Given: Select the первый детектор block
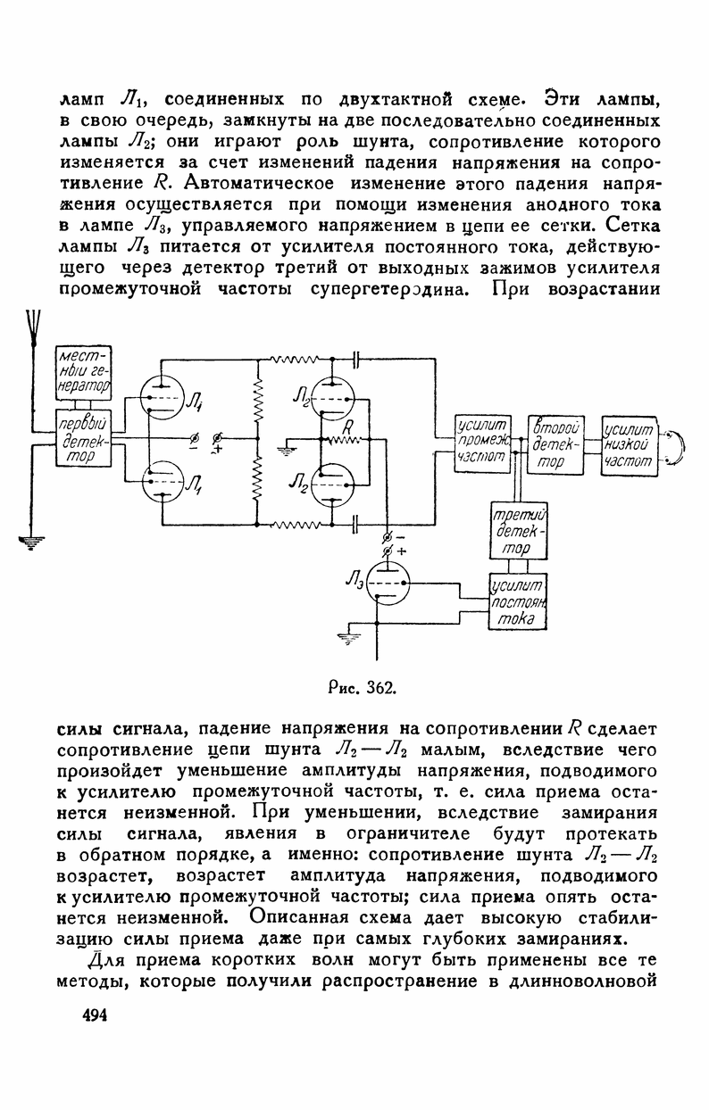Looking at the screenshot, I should (83, 438).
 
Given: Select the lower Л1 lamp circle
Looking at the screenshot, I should (163, 482).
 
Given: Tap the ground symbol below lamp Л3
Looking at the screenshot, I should (345, 637).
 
